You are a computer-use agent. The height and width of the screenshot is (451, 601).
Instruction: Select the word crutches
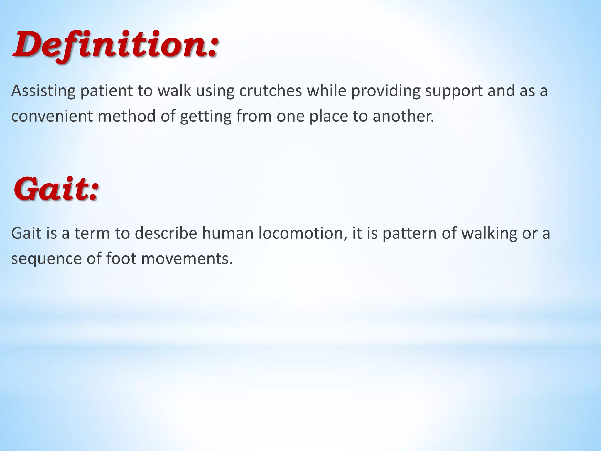point(270,91)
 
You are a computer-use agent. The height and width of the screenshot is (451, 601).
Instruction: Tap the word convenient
point(51,116)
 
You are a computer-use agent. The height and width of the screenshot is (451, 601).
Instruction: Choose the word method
point(126,116)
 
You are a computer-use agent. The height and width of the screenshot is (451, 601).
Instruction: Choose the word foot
point(121,259)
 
